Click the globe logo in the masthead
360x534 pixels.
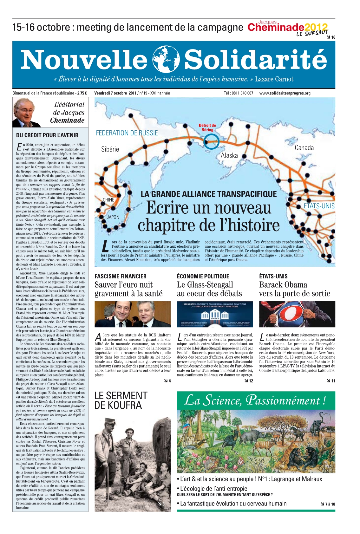166,59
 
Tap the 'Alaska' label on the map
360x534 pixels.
229,155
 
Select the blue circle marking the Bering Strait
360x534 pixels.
211,141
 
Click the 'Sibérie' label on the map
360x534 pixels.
110,149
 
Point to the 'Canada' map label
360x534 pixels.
304,148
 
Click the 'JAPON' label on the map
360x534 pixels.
113,217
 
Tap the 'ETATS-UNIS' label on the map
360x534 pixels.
319,206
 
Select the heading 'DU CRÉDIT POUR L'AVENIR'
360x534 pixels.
47,135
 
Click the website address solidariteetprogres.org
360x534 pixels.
285,93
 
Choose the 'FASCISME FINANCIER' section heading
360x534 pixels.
121,277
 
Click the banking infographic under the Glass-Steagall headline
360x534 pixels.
215,314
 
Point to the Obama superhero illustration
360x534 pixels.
297,314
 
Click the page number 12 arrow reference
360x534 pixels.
249,381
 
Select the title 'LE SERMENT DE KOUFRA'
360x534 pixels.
121,400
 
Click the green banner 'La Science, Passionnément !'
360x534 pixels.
256,400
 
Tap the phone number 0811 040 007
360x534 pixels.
238,93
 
